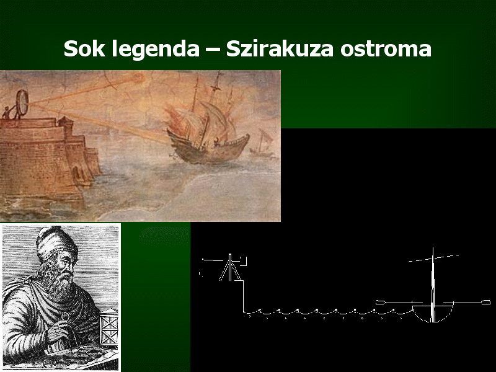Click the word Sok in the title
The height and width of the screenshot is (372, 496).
point(84,48)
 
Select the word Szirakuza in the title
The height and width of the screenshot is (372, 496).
point(280,48)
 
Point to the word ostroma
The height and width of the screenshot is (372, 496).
point(386,50)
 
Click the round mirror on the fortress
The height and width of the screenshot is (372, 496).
point(22,103)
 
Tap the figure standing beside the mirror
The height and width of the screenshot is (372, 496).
point(6,113)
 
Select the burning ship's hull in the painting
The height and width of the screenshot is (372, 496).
point(208,148)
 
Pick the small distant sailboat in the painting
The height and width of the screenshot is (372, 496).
point(263,143)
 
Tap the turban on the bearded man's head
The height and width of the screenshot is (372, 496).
point(56,242)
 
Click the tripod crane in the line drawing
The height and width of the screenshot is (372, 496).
point(230,268)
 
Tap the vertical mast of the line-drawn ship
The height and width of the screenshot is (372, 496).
point(433,285)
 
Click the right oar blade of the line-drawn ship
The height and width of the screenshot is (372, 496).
point(485,303)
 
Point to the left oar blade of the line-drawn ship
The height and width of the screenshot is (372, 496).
point(380,303)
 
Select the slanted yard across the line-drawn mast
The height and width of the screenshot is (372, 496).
point(433,258)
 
